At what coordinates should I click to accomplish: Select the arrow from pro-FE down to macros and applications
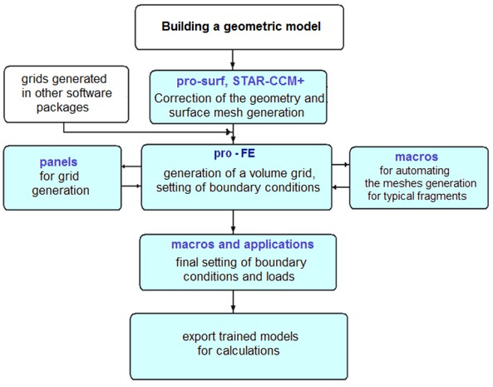click(234, 218)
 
